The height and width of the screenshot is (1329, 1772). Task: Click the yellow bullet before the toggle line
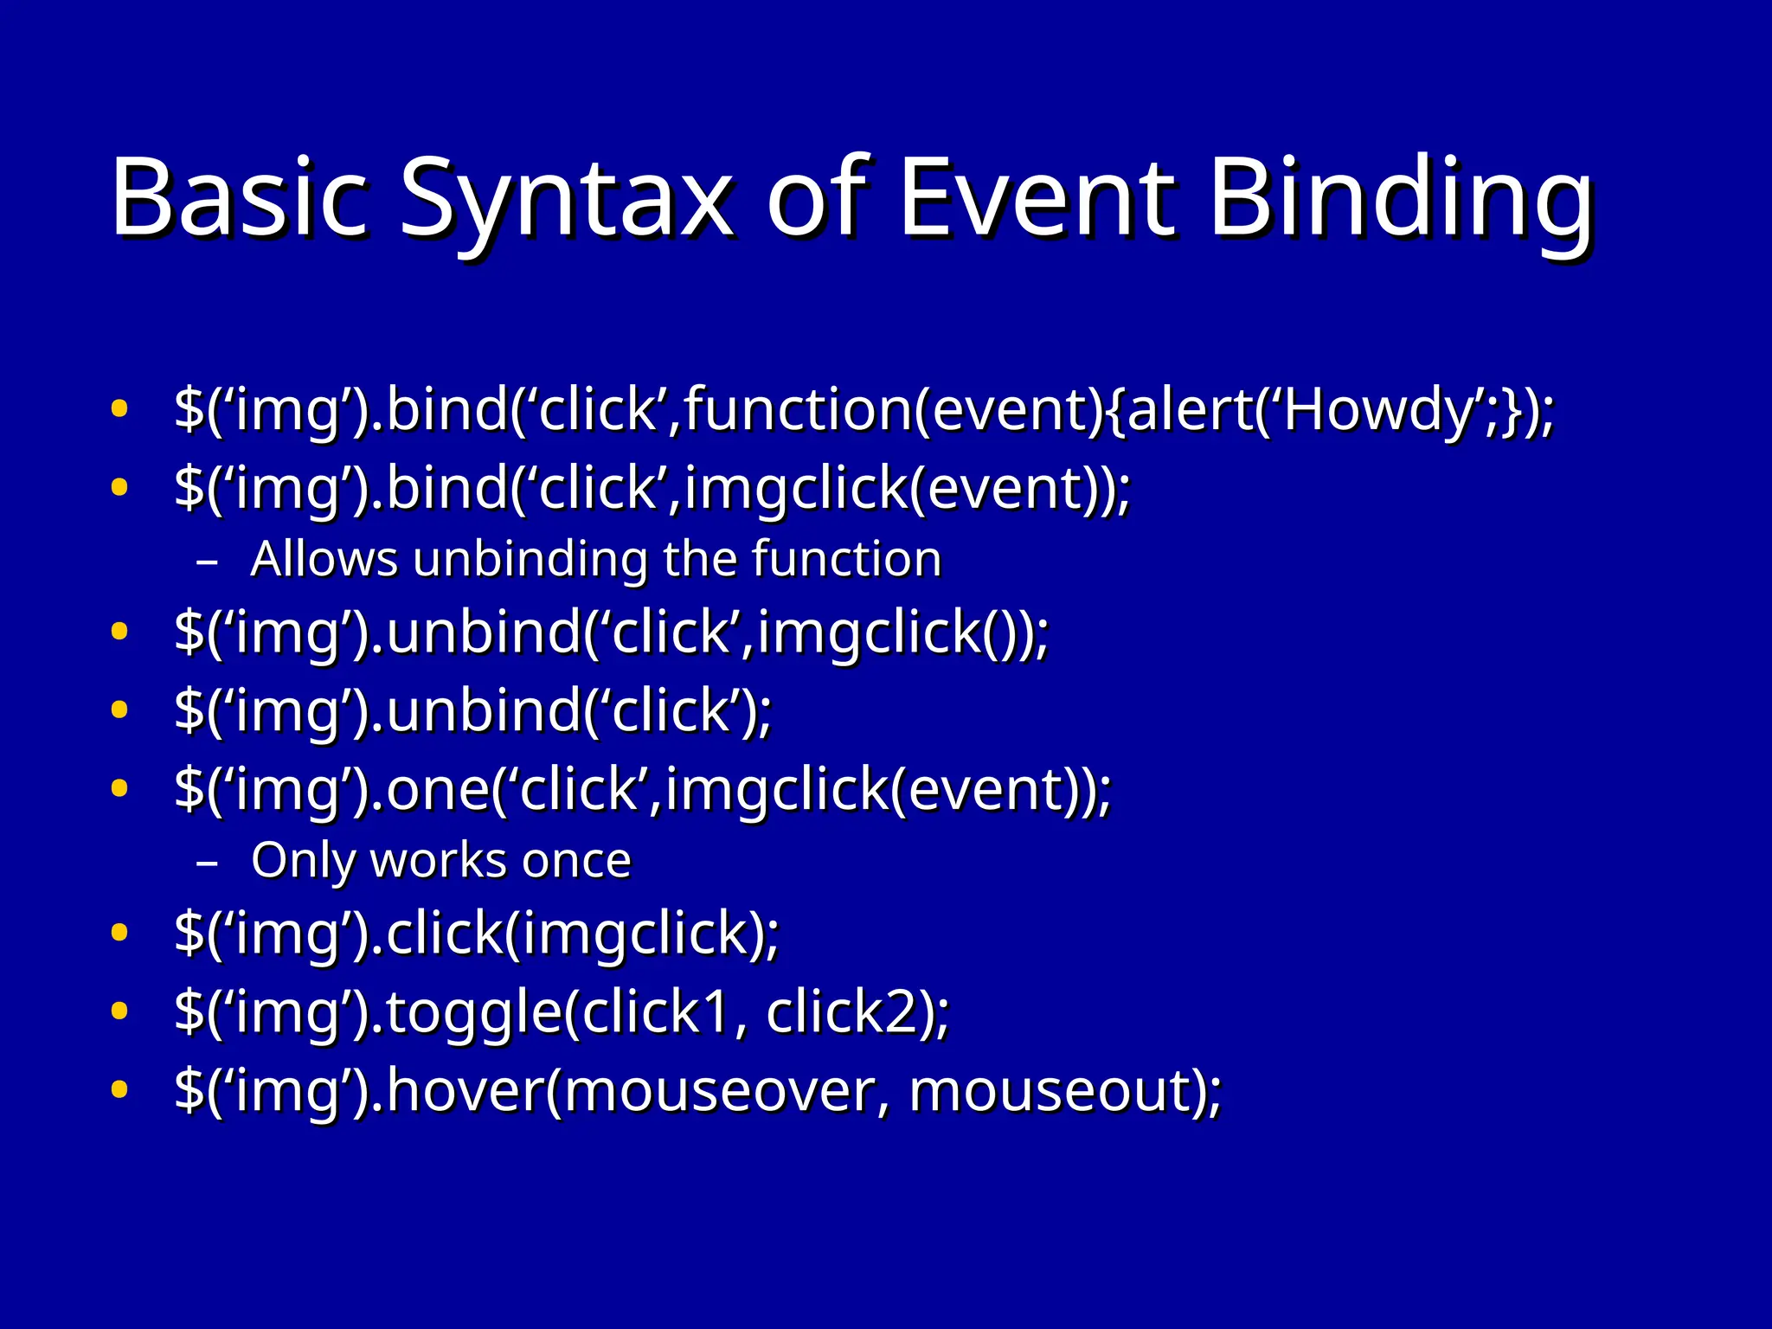pos(119,1010)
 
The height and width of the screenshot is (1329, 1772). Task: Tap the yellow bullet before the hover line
pos(119,1088)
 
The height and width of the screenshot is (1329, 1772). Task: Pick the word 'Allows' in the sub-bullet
pos(324,559)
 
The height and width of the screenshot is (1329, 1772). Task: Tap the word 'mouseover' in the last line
pos(722,1090)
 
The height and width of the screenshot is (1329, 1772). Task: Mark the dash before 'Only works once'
pos(207,863)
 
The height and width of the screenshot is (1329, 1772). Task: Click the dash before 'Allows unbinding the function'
pos(207,562)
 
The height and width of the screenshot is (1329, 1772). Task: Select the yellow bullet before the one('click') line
pos(119,788)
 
